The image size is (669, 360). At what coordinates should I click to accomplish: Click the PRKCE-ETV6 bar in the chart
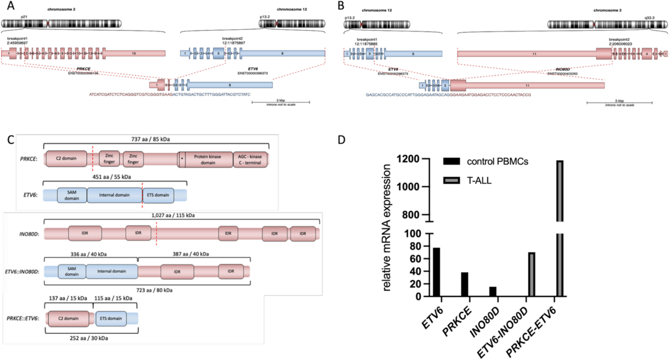tap(559, 227)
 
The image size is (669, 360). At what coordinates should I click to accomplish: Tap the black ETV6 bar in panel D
tap(436, 272)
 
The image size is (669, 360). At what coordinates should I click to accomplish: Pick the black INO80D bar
tap(493, 291)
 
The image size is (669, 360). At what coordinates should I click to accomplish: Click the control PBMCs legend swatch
tap(451, 162)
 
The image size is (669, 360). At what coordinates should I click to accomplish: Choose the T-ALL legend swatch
tap(451, 181)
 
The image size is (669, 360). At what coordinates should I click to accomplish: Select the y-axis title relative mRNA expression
tap(387, 228)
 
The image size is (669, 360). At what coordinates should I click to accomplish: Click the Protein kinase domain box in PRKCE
tap(208, 160)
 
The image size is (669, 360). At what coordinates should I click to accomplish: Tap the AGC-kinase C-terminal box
tap(250, 160)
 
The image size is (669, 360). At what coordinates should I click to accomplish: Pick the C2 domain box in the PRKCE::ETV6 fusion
tap(68, 318)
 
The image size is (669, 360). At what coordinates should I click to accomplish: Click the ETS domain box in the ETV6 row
tap(158, 195)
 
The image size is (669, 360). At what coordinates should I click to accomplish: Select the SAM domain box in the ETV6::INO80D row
tap(72, 271)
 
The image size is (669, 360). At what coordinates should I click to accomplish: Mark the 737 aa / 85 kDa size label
tap(150, 139)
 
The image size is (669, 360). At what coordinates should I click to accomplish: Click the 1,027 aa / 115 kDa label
tap(173, 215)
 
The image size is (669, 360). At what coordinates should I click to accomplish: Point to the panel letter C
tap(11, 140)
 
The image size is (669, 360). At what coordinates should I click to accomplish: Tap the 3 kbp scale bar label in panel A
tap(281, 100)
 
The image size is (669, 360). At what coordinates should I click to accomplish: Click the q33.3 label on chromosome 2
tap(649, 18)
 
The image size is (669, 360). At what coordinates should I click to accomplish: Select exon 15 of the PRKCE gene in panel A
tap(134, 53)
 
